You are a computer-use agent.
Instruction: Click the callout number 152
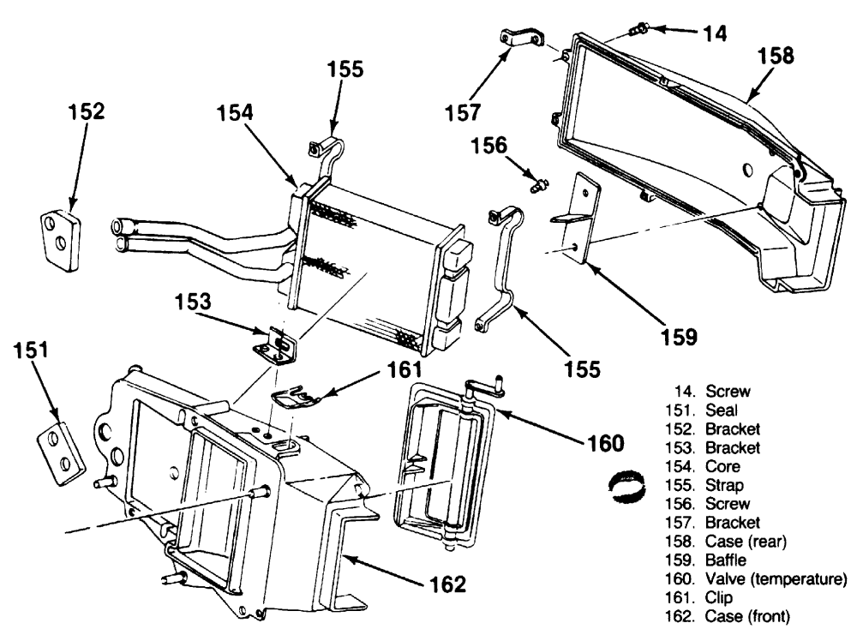(86, 111)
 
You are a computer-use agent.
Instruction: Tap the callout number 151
(31, 350)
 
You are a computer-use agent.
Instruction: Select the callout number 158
(776, 56)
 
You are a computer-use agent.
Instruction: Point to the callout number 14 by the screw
(715, 33)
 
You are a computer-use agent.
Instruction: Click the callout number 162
(447, 584)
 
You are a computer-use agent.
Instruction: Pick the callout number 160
(605, 443)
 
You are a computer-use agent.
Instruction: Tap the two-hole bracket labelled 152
(61, 241)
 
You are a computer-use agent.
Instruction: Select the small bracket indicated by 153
(275, 344)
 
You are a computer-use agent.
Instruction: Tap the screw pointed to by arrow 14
(638, 28)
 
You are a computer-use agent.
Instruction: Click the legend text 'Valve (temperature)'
(776, 578)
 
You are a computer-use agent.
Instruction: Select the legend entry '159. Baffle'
(705, 560)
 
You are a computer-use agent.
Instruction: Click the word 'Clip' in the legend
(719, 597)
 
